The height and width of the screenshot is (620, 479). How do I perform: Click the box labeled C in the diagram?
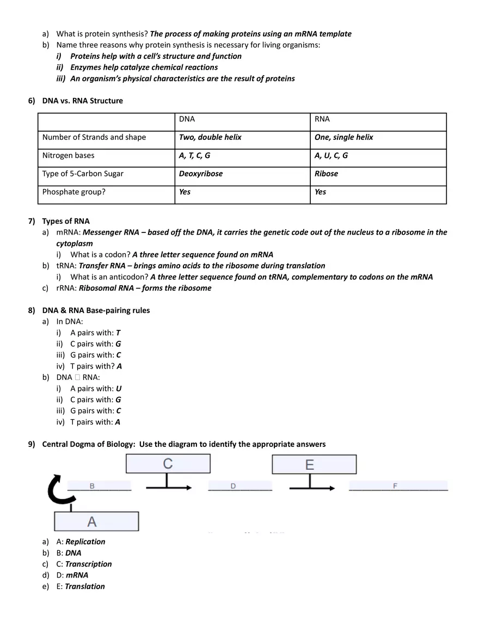(168, 464)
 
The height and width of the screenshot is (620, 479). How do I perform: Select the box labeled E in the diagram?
(314, 464)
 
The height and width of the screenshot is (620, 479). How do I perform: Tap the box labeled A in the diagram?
(96, 521)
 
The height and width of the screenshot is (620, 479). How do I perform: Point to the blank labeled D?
(239, 486)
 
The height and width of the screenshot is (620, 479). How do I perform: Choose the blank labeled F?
(398, 486)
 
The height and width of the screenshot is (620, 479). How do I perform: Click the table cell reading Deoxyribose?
(200, 174)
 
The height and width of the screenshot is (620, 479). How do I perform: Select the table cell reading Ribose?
(326, 174)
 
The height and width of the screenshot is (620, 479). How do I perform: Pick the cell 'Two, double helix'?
(210, 137)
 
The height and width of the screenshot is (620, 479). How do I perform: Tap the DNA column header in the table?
(187, 119)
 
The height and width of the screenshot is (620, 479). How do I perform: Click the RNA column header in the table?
(322, 119)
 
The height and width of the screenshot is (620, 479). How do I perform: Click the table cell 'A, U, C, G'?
(331, 156)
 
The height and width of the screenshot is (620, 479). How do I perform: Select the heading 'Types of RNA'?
(65, 221)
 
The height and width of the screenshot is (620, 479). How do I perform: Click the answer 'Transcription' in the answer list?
(88, 564)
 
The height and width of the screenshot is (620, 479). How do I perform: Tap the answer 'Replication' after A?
(85, 542)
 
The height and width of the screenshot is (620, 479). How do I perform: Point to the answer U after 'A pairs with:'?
(119, 389)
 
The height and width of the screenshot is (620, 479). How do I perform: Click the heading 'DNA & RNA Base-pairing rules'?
(96, 310)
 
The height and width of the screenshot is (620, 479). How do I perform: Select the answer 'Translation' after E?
(85, 586)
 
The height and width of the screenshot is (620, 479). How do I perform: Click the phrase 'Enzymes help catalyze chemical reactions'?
(144, 67)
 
